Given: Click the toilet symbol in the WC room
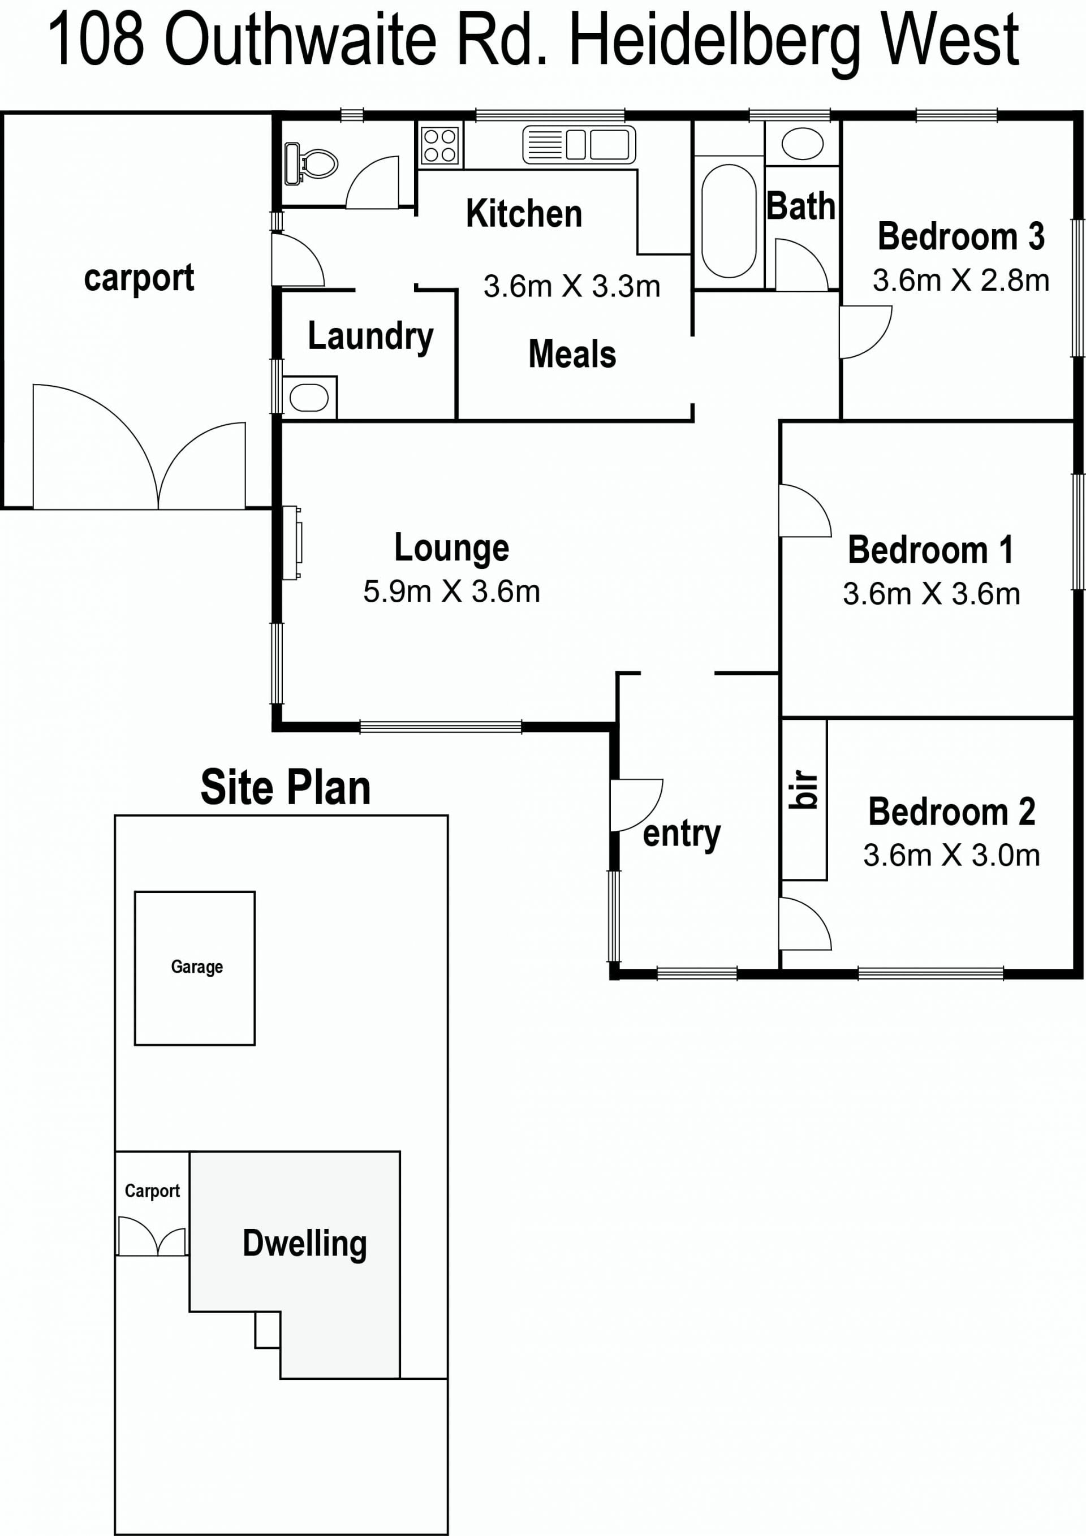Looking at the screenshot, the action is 311,163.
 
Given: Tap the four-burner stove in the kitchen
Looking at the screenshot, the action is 440,146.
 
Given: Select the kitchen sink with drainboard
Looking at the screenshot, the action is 579,145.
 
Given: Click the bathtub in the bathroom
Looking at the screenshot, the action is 729,221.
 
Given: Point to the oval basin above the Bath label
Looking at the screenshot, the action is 802,144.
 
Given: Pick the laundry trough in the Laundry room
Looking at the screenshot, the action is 309,398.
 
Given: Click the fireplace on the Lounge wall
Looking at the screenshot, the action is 292,542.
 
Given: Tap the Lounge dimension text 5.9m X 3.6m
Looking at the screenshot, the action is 452,592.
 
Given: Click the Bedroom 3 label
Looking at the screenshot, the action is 961,236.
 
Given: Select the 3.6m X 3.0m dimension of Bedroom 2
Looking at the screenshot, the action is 951,855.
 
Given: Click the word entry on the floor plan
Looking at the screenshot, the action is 682,834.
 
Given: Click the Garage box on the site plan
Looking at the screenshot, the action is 195,968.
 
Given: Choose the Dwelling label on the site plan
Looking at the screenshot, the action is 304,1244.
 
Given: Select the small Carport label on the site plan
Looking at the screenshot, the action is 153,1192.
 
